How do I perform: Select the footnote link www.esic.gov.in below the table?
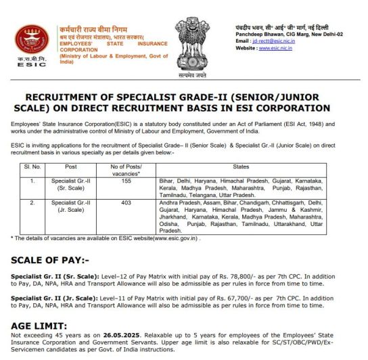pos(167,238)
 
